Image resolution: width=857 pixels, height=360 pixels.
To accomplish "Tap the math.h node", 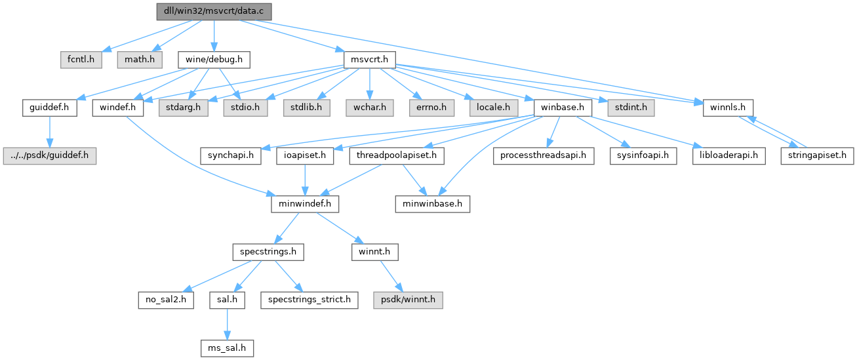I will pos(139,60).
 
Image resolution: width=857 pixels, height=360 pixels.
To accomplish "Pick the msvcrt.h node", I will pos(370,60).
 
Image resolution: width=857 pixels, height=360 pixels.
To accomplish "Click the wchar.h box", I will pos(370,107).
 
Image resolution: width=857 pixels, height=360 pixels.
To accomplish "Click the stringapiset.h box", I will pos(816,156).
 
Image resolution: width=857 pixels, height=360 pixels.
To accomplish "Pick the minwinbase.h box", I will pos(432,204).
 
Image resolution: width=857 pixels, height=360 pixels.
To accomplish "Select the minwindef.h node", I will pos(305,204).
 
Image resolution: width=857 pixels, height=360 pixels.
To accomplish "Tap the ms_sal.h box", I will pos(228,348).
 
